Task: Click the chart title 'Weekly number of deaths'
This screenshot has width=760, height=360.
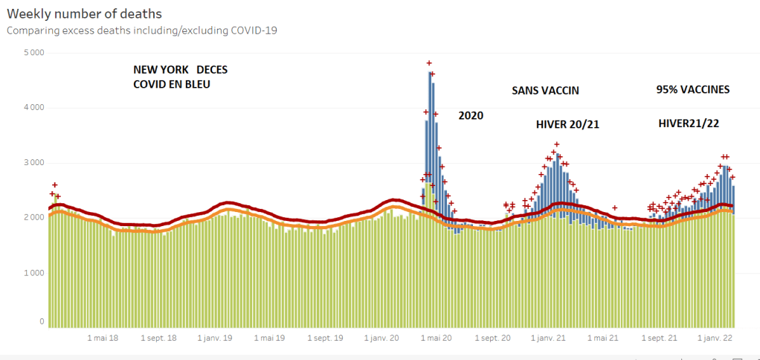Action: coord(84,14)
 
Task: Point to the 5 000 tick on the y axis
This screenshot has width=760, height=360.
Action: coord(33,53)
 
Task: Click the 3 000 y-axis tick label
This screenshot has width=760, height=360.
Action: coord(33,163)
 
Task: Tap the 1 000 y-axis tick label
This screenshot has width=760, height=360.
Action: coord(33,273)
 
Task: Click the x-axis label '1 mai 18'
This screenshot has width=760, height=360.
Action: coord(103,338)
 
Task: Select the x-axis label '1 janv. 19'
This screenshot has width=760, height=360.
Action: coord(215,338)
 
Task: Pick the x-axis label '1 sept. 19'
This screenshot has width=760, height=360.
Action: coord(325,338)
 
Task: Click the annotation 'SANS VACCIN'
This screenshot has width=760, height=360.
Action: coord(545,91)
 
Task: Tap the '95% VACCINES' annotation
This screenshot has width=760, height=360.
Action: coord(692,89)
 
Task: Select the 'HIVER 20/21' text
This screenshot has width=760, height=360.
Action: coord(567,124)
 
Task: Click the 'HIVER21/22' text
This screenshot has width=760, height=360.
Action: coord(688,123)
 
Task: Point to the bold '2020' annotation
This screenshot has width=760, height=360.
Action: coord(471,116)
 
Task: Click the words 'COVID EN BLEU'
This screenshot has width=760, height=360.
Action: coord(171,84)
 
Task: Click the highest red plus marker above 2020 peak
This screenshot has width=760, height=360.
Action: coord(429,63)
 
